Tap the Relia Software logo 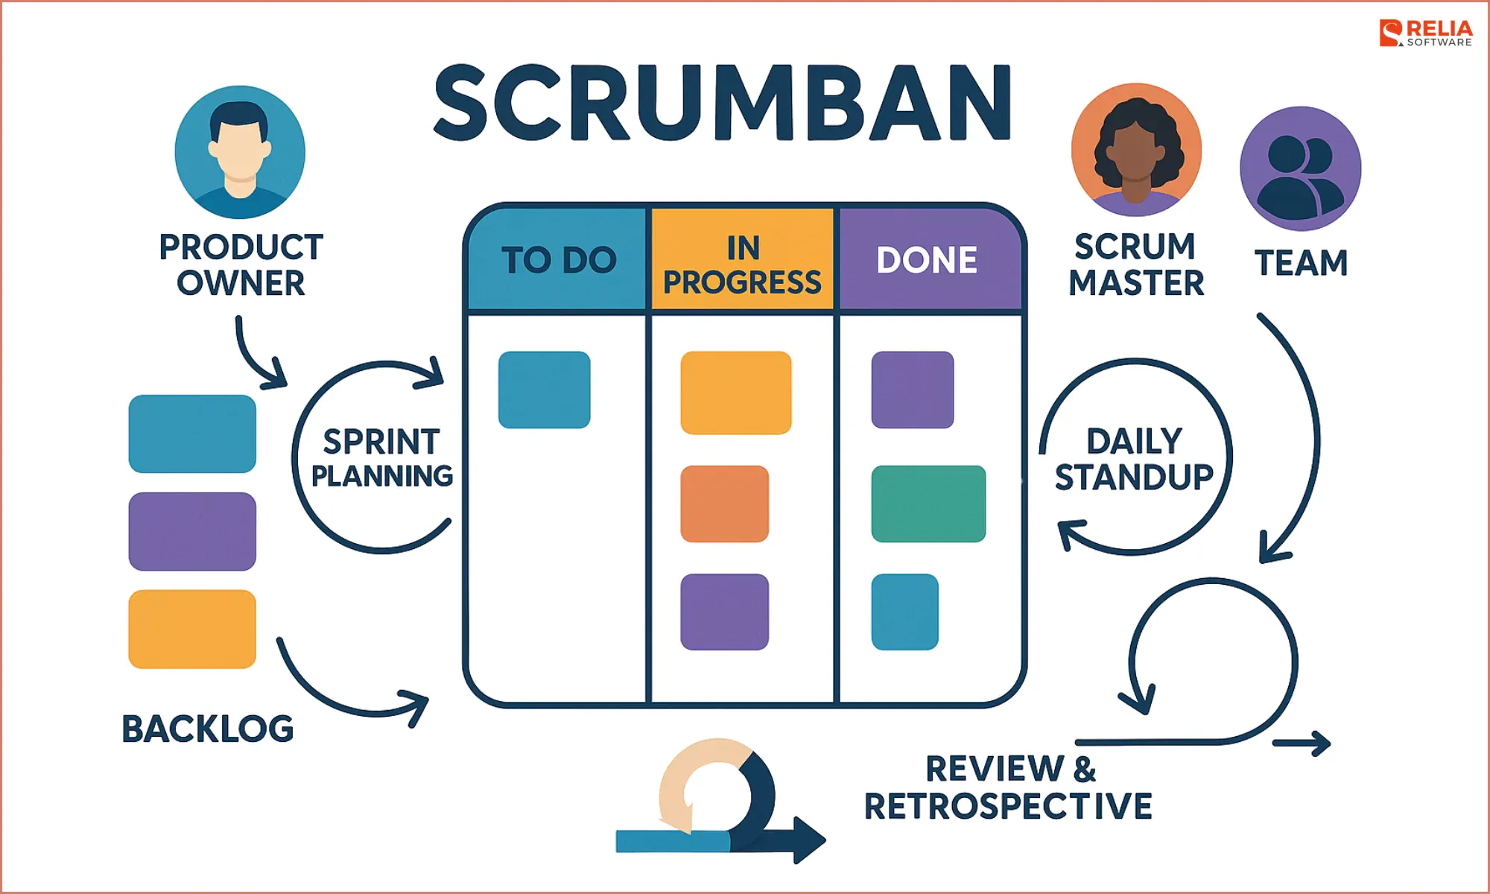[x=1425, y=34]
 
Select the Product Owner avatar [x=240, y=152]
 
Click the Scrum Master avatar [x=1136, y=149]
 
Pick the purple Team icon [x=1300, y=168]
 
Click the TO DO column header [x=559, y=260]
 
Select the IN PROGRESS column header [x=743, y=264]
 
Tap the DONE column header [x=927, y=260]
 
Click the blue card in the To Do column [x=544, y=390]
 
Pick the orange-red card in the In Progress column [x=724, y=504]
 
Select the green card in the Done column [x=928, y=504]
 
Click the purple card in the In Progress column [x=724, y=612]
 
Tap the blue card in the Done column [x=904, y=612]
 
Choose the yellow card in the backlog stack [x=192, y=629]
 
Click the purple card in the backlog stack [x=192, y=531]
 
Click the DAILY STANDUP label [x=1134, y=459]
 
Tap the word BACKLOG [x=208, y=729]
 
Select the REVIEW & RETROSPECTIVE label [x=1008, y=787]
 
